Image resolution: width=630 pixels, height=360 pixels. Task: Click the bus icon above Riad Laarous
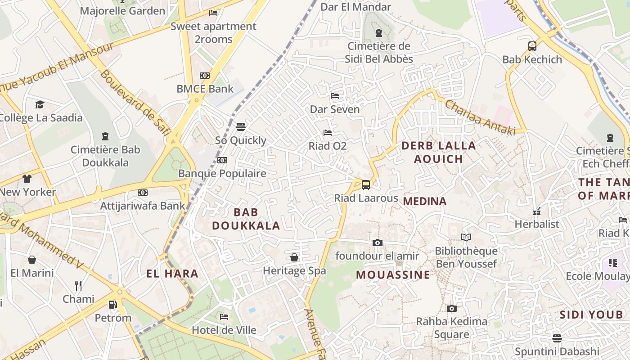point(366,184)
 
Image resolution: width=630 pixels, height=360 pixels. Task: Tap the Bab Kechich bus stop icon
point(532,46)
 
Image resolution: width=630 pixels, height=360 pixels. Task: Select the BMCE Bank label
point(205,89)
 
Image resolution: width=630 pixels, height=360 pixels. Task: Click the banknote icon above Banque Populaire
point(222,160)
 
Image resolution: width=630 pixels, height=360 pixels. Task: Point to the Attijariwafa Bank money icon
point(143,193)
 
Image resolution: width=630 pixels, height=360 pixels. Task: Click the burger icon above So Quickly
point(241,127)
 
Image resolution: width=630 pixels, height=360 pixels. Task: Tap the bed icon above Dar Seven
point(334,96)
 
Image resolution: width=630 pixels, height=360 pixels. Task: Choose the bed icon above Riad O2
point(328,133)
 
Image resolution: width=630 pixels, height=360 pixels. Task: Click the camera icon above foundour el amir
point(377,243)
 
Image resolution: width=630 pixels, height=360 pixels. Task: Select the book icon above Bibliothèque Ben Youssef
point(466,237)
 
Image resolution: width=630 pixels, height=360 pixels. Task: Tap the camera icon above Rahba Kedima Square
point(451,308)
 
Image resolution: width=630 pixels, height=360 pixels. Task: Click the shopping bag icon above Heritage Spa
point(294,257)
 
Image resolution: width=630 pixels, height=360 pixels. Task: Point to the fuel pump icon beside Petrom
point(112,305)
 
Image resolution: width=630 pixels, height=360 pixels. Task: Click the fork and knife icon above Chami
point(78,285)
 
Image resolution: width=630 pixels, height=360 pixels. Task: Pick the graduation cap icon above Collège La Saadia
point(40,104)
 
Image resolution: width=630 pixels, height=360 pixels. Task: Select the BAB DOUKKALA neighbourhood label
point(246,219)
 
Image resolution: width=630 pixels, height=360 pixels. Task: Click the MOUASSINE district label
point(393,274)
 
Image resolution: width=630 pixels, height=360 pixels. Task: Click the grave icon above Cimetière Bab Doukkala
point(105,136)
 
